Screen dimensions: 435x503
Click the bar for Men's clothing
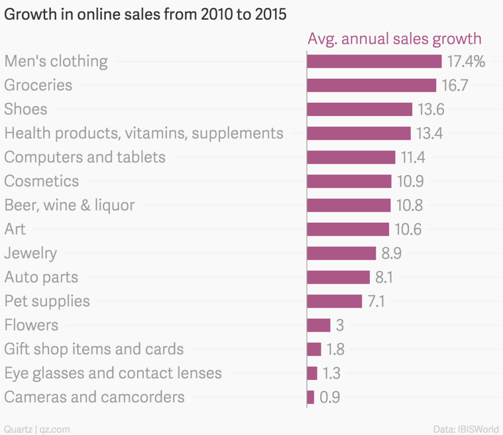(374, 61)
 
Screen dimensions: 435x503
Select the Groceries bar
(371, 85)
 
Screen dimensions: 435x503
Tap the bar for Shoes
(359, 109)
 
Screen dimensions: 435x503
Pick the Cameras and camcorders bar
(310, 397)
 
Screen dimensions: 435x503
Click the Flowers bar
(318, 325)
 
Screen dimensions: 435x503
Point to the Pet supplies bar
(334, 301)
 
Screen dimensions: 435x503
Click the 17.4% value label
(466, 61)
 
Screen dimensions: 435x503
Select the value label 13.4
(430, 133)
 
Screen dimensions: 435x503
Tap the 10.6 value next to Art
(408, 229)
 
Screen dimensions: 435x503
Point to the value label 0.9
(330, 397)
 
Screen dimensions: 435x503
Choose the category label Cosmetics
(41, 181)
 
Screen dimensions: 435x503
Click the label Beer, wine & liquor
(69, 205)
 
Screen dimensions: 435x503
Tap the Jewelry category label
(30, 253)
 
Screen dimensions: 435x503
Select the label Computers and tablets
(84, 157)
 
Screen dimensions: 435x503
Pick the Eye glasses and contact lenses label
(113, 373)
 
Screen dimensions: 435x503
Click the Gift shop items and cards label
(94, 349)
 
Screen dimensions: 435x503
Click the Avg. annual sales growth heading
(394, 38)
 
